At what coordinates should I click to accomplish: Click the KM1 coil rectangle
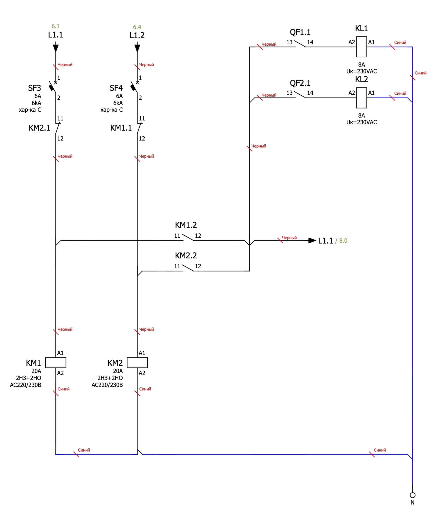coord(56,363)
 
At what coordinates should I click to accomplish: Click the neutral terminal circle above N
coord(412,495)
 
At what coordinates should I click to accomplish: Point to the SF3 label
coord(34,88)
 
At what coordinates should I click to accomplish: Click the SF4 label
coord(116,88)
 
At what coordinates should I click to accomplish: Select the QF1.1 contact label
coord(300,32)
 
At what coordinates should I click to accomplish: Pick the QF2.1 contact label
coord(300,83)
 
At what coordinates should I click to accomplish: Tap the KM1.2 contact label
coord(186,225)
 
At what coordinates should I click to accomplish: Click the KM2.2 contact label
coord(186,255)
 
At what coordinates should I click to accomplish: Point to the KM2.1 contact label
coord(39,128)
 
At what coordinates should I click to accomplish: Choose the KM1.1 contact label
coord(121,128)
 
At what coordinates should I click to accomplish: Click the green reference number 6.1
coord(56,26)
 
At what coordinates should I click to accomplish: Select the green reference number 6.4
coord(137,27)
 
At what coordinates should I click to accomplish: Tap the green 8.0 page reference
coord(343,241)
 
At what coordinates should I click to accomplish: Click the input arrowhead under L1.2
coord(137,48)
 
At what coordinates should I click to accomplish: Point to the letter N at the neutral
coord(412,503)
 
